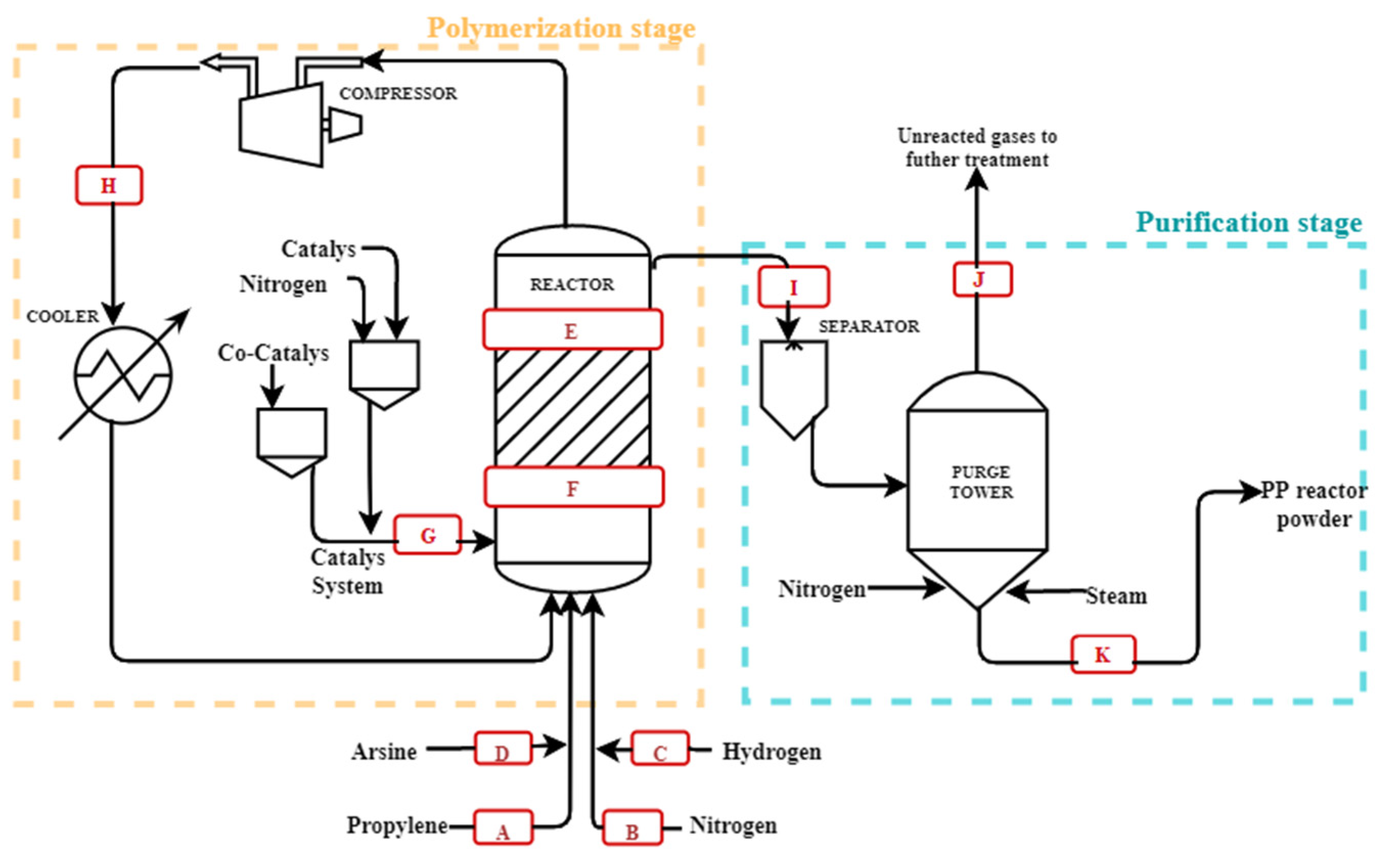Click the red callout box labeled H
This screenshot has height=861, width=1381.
[x=109, y=185]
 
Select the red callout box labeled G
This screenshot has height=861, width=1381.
[x=427, y=534]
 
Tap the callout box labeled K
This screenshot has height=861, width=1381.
[x=1103, y=654]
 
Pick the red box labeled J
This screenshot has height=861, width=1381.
[x=982, y=279]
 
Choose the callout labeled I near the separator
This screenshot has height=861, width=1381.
[x=794, y=286]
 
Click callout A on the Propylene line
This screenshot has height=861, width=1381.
[x=503, y=827]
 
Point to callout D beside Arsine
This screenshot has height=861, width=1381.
[x=503, y=748]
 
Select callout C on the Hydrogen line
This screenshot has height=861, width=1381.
[x=660, y=748]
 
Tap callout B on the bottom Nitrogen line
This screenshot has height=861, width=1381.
[x=632, y=827]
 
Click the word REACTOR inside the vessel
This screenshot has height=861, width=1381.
[x=572, y=284]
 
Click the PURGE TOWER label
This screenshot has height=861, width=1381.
[x=981, y=482]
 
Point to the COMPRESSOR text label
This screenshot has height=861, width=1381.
[x=398, y=94]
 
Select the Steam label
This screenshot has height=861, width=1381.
[x=1116, y=596]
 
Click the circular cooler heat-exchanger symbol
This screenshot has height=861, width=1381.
[x=123, y=375]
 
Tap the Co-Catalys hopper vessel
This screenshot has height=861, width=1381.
[x=291, y=442]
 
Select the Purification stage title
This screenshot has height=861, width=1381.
[x=1250, y=222]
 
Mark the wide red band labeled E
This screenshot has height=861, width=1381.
[x=572, y=329]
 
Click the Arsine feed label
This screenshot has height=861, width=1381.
[x=384, y=751]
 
